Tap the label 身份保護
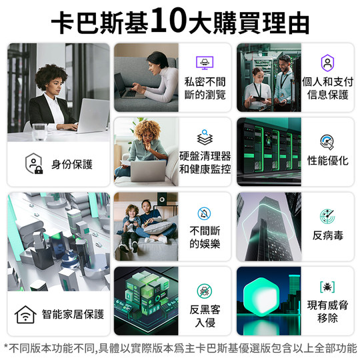[72, 164]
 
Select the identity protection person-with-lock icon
[33, 164]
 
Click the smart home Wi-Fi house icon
[25, 313]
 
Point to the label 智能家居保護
[72, 313]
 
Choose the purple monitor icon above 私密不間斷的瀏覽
[205, 63]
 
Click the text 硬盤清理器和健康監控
[205, 162]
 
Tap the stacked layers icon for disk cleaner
[205, 139]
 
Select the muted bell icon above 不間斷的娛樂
[205, 213]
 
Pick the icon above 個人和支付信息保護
[327, 63]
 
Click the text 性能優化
[327, 161]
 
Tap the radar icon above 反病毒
[327, 216]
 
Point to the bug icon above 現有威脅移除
[327, 287]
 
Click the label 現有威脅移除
[327, 311]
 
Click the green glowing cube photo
[145, 299]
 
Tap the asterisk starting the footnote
[6, 347]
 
